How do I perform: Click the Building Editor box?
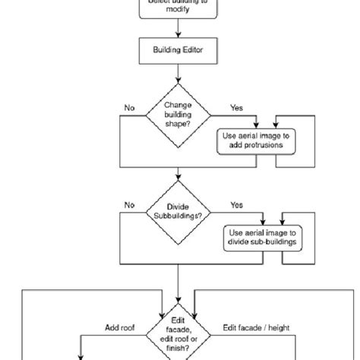(x=178, y=51)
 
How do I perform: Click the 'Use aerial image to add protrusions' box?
(x=257, y=139)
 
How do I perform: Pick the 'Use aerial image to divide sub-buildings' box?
(x=260, y=236)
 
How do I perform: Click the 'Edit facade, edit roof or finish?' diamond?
(x=178, y=332)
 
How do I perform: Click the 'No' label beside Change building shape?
(x=130, y=109)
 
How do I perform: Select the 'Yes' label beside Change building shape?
(x=236, y=109)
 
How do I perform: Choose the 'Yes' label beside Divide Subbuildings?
(x=236, y=205)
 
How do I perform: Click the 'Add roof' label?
(x=121, y=328)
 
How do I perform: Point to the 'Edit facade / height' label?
(x=255, y=328)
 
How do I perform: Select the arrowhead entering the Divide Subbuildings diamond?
(x=178, y=182)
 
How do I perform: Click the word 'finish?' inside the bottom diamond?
(x=178, y=349)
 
